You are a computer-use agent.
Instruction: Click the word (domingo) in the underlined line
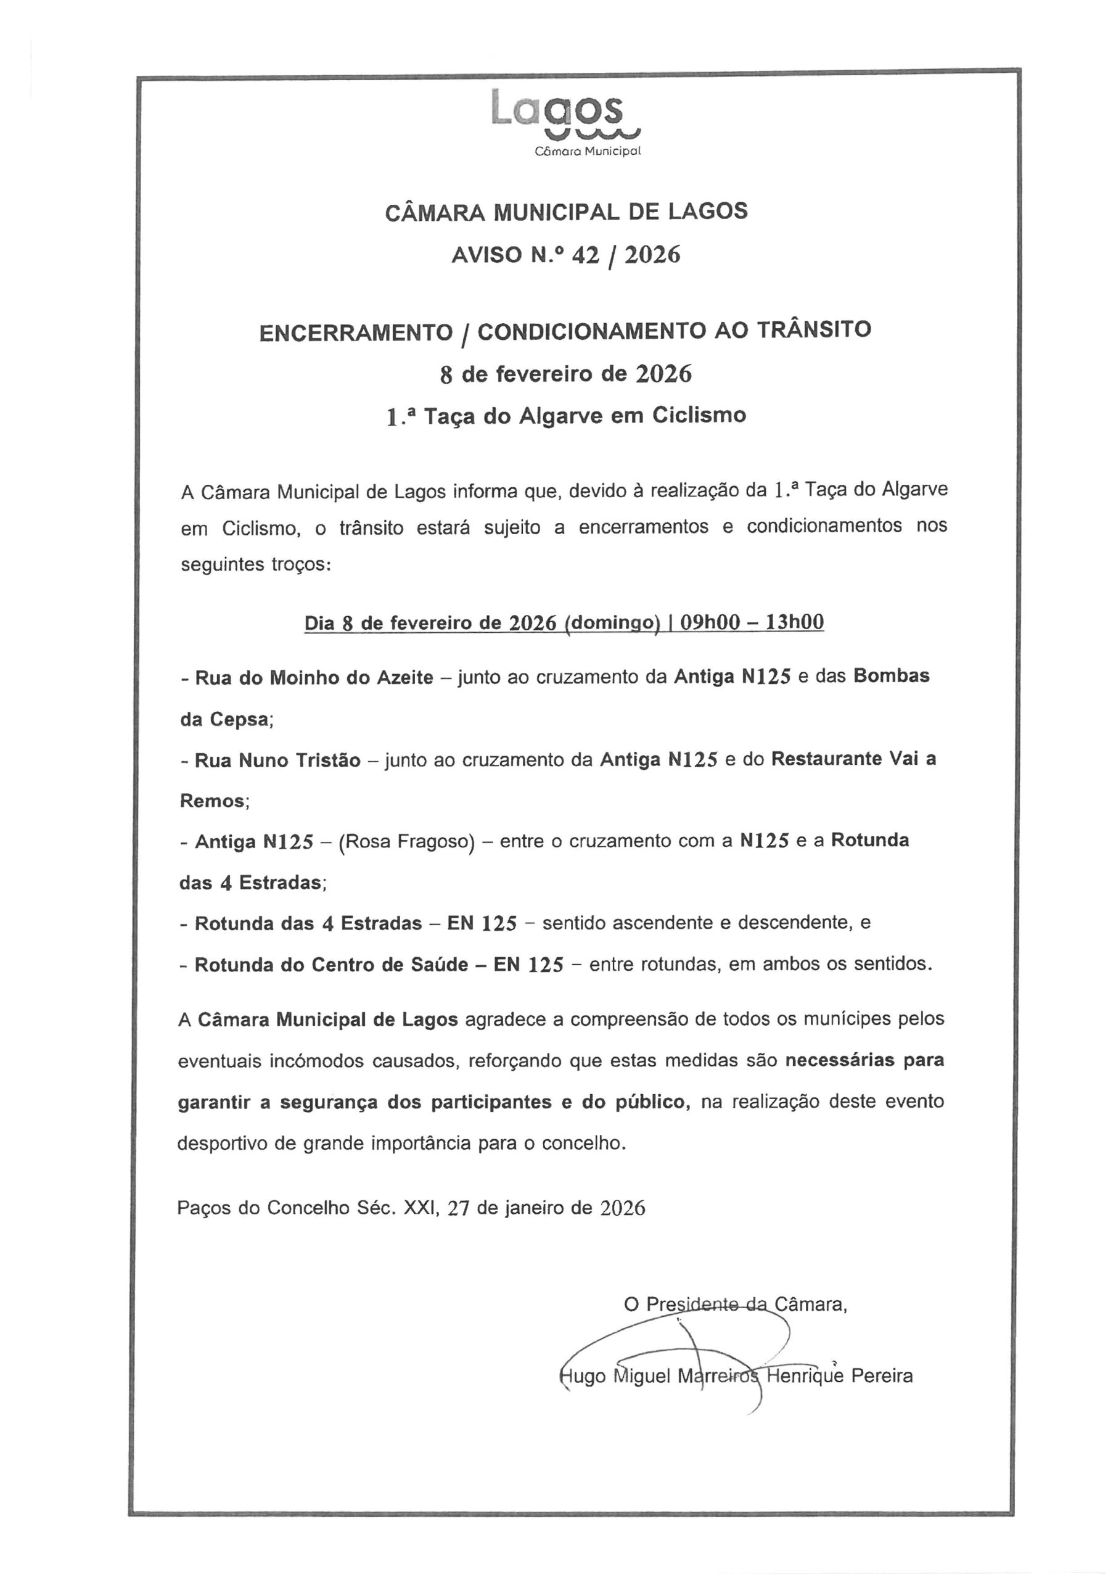pyautogui.click(x=612, y=623)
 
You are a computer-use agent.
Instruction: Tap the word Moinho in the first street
pyautogui.click(x=300, y=678)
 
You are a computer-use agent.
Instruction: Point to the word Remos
pyautogui.click(x=211, y=801)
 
